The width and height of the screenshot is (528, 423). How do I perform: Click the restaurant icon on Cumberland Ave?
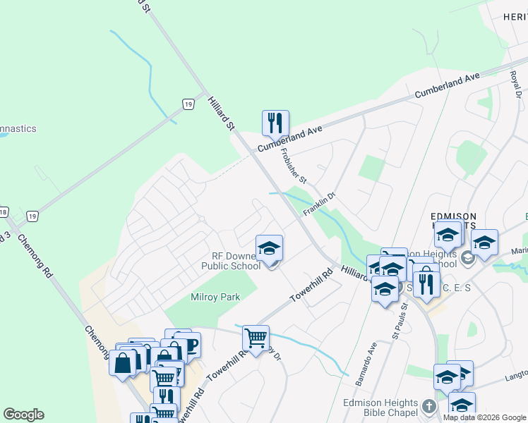click(x=273, y=123)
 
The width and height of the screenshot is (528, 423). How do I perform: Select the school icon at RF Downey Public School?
click(x=268, y=248)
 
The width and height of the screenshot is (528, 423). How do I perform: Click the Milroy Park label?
click(x=215, y=297)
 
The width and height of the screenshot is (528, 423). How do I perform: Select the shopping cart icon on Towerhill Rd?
click(x=256, y=337)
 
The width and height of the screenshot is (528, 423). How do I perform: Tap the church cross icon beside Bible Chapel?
click(x=428, y=406)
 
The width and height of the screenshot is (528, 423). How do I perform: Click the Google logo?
click(x=23, y=414)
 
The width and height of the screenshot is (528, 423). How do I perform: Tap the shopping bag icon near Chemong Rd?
click(x=122, y=363)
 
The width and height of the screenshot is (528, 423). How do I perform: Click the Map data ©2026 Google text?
click(x=484, y=417)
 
